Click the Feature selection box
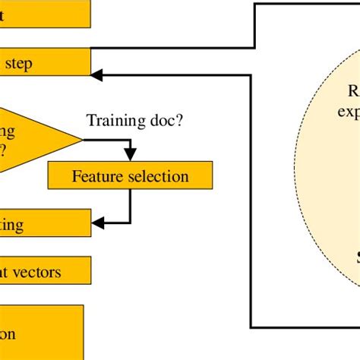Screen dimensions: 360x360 tap(130, 176)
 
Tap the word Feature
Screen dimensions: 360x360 tap(97, 176)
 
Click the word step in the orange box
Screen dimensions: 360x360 tap(20, 64)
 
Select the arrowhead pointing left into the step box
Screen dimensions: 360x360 tap(96, 74)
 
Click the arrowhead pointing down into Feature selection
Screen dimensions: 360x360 tap(131, 157)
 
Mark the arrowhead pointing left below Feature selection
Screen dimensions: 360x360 tap(96, 223)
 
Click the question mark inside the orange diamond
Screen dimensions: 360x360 tap(4, 150)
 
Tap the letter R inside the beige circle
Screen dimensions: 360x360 tap(353, 92)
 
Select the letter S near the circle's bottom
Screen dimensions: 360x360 tap(355, 257)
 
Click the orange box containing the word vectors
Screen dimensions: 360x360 tap(44, 270)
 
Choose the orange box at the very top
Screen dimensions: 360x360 tap(44, 13)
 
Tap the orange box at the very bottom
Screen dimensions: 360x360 tap(41, 332)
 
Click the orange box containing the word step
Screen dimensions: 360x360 tap(44, 63)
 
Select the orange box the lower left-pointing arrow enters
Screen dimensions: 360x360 tap(44, 223)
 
